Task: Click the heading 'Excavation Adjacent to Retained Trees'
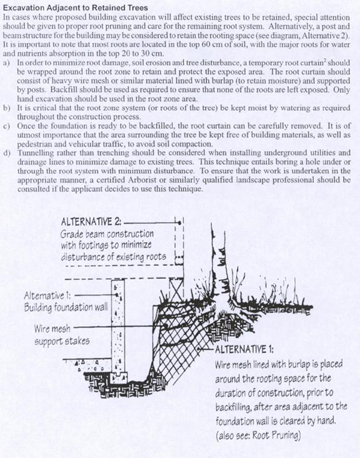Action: coord(76,7)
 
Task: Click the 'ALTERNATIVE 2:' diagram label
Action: coord(91,222)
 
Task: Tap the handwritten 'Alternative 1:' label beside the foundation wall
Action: coord(47,296)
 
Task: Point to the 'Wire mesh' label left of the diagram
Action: coord(52,329)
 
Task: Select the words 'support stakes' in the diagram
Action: coord(62,341)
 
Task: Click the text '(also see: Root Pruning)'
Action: coord(258,436)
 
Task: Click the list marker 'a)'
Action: coord(6,63)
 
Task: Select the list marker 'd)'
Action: coord(6,153)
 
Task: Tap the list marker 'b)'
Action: coord(6,108)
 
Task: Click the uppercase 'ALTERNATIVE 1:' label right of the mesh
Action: coord(244,349)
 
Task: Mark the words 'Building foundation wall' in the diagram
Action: coord(66,307)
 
